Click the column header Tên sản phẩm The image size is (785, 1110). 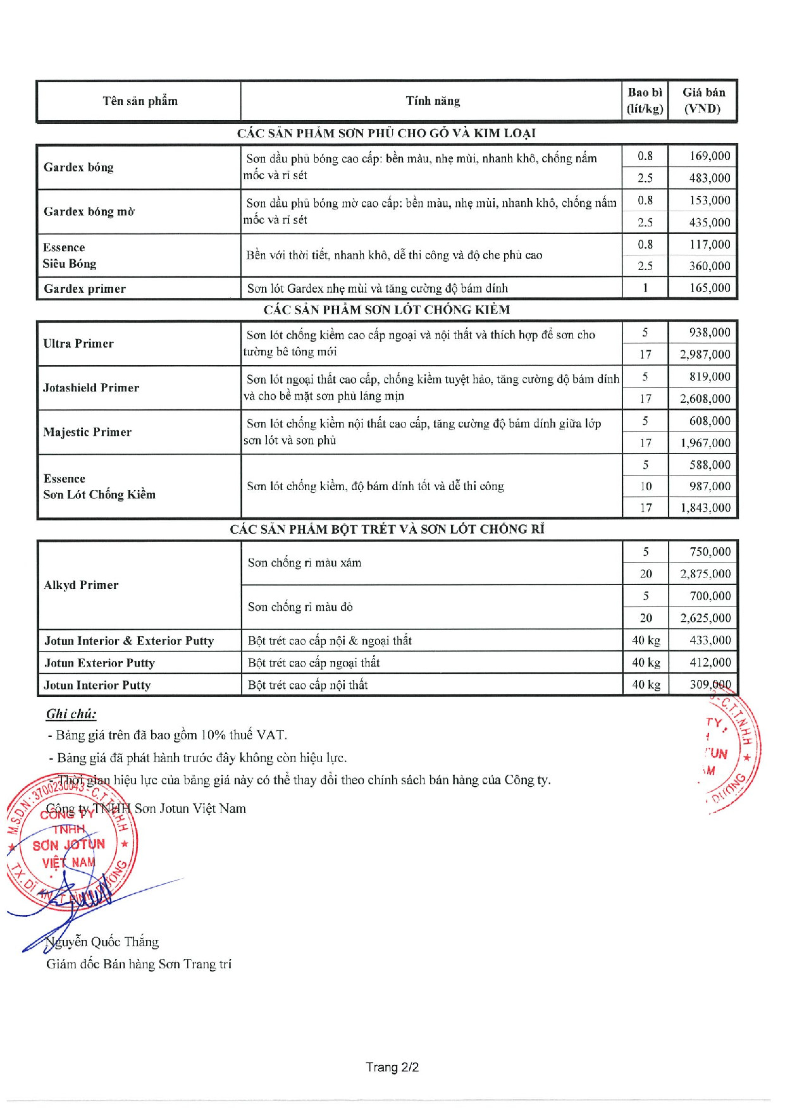pos(140,101)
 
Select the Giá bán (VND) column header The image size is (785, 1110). pos(703,101)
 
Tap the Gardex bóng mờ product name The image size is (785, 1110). pos(89,212)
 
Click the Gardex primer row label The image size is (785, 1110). pos(85,289)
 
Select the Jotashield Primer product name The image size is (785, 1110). pos(91,388)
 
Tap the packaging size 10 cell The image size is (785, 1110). pos(645,486)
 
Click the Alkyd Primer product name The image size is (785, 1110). pos(81,585)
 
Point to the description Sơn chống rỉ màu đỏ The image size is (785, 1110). pos(300,607)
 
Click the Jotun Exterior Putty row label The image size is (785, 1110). pos(99,663)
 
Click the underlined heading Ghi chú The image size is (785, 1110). pos(71,714)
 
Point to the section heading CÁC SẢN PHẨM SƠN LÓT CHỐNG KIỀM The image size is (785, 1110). pos(386,310)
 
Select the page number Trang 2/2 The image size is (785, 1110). pos(392,1068)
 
